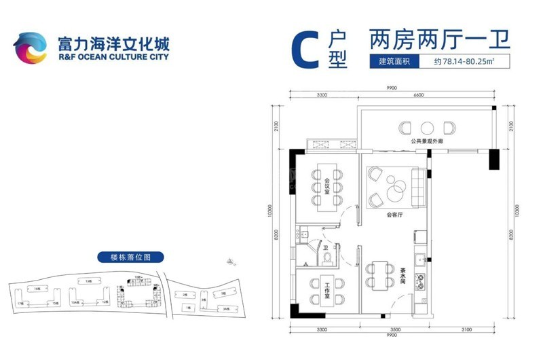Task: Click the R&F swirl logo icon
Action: click(29, 48)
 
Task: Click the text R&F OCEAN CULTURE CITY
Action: click(105, 57)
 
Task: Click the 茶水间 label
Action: click(403, 274)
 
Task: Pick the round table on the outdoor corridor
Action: click(427, 127)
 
